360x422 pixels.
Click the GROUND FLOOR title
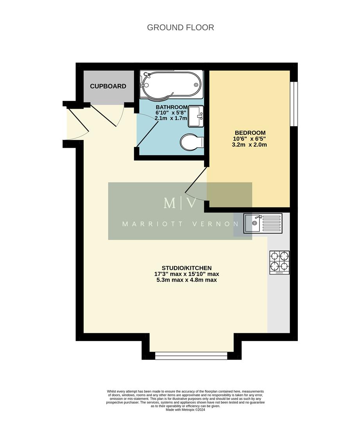point(180,27)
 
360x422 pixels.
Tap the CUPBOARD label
point(108,86)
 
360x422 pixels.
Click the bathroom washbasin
point(196,116)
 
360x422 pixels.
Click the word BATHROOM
point(172,107)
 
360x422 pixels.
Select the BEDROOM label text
point(250,133)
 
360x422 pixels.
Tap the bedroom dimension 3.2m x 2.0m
point(250,145)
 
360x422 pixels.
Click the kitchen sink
point(262,223)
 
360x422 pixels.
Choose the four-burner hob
point(279,262)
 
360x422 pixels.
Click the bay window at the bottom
point(191,355)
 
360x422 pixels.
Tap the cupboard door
point(104,115)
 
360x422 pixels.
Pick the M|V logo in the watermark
point(180,203)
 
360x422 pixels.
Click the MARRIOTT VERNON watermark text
point(180,224)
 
